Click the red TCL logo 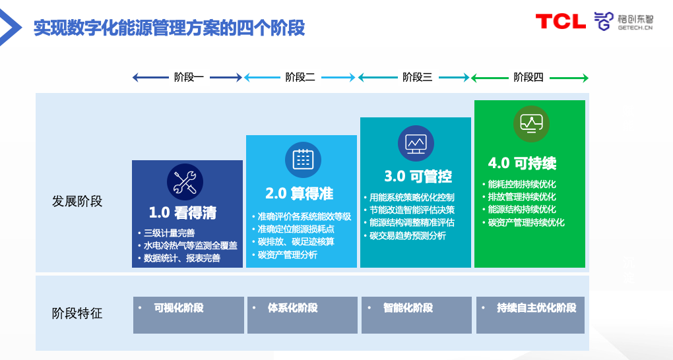point(560,21)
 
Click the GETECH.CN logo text point(635,29)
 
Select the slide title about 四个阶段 point(169,28)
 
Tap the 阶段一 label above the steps point(188,77)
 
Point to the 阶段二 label point(300,77)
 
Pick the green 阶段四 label point(529,77)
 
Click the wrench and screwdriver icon point(185,181)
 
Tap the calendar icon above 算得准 point(303,159)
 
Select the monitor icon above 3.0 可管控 point(416,143)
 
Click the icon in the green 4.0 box point(531,123)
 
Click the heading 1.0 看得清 point(183,213)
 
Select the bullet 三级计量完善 point(169,233)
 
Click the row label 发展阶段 point(78,201)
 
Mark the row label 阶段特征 point(78,313)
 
